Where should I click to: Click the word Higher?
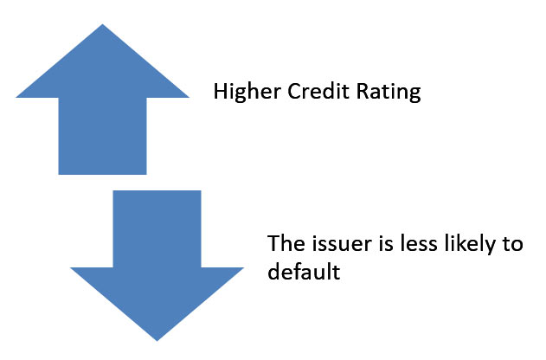coord(241,93)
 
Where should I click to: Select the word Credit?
coord(304,93)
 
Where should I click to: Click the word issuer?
coord(331,243)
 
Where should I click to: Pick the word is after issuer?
coord(374,243)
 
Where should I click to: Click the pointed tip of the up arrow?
coord(103,25)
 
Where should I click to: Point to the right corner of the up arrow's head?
coord(188,96)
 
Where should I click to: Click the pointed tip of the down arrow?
coord(157,339)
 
